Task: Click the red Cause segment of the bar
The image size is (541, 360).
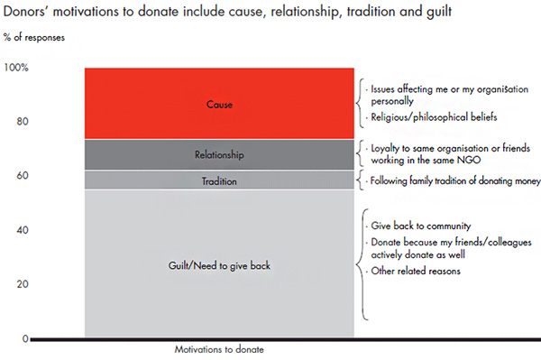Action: (x=219, y=104)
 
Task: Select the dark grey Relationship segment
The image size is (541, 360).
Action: (x=219, y=155)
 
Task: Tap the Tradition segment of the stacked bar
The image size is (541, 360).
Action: (x=219, y=181)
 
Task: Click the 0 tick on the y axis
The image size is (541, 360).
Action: (x=25, y=338)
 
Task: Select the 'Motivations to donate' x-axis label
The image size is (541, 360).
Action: (x=219, y=350)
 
